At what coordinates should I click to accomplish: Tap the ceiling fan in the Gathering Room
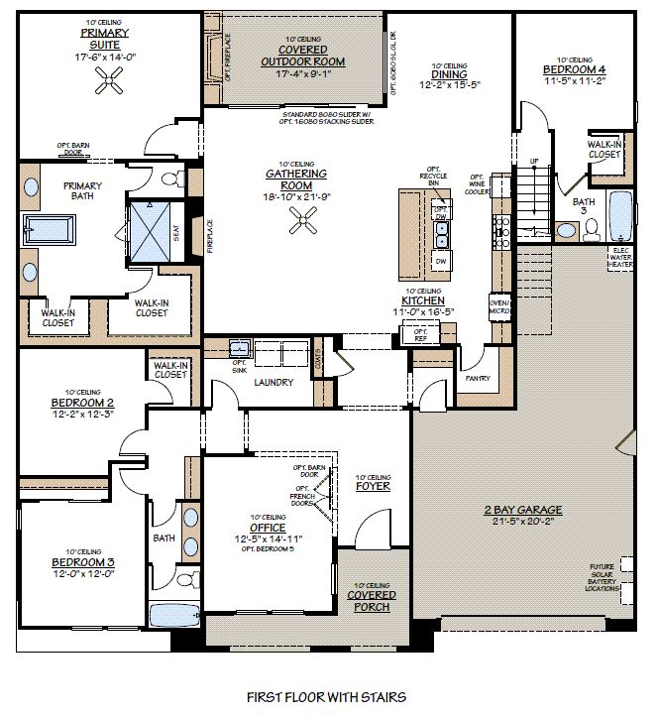pyautogui.click(x=302, y=224)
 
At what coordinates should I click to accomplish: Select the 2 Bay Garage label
pyautogui.click(x=522, y=510)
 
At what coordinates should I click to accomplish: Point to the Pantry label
pyautogui.click(x=477, y=378)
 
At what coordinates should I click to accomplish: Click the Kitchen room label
pyautogui.click(x=422, y=299)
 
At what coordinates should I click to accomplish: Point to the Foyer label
pyautogui.click(x=373, y=486)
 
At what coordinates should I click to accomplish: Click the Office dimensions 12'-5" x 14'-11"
pyautogui.click(x=268, y=538)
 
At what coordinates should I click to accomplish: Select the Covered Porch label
pyautogui.click(x=375, y=600)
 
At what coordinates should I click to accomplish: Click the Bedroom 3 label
pyautogui.click(x=83, y=563)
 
